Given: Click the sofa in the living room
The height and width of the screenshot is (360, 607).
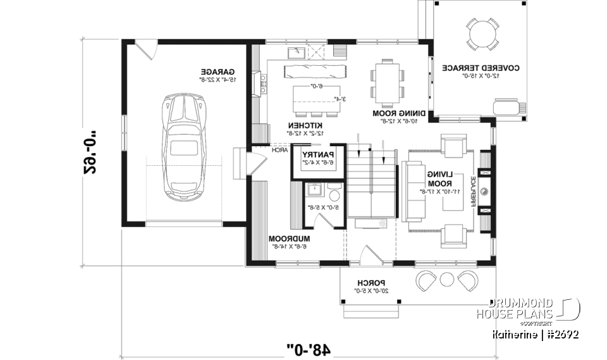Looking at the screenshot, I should click(413, 192).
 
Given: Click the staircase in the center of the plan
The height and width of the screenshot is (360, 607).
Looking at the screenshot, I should click(370, 183).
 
